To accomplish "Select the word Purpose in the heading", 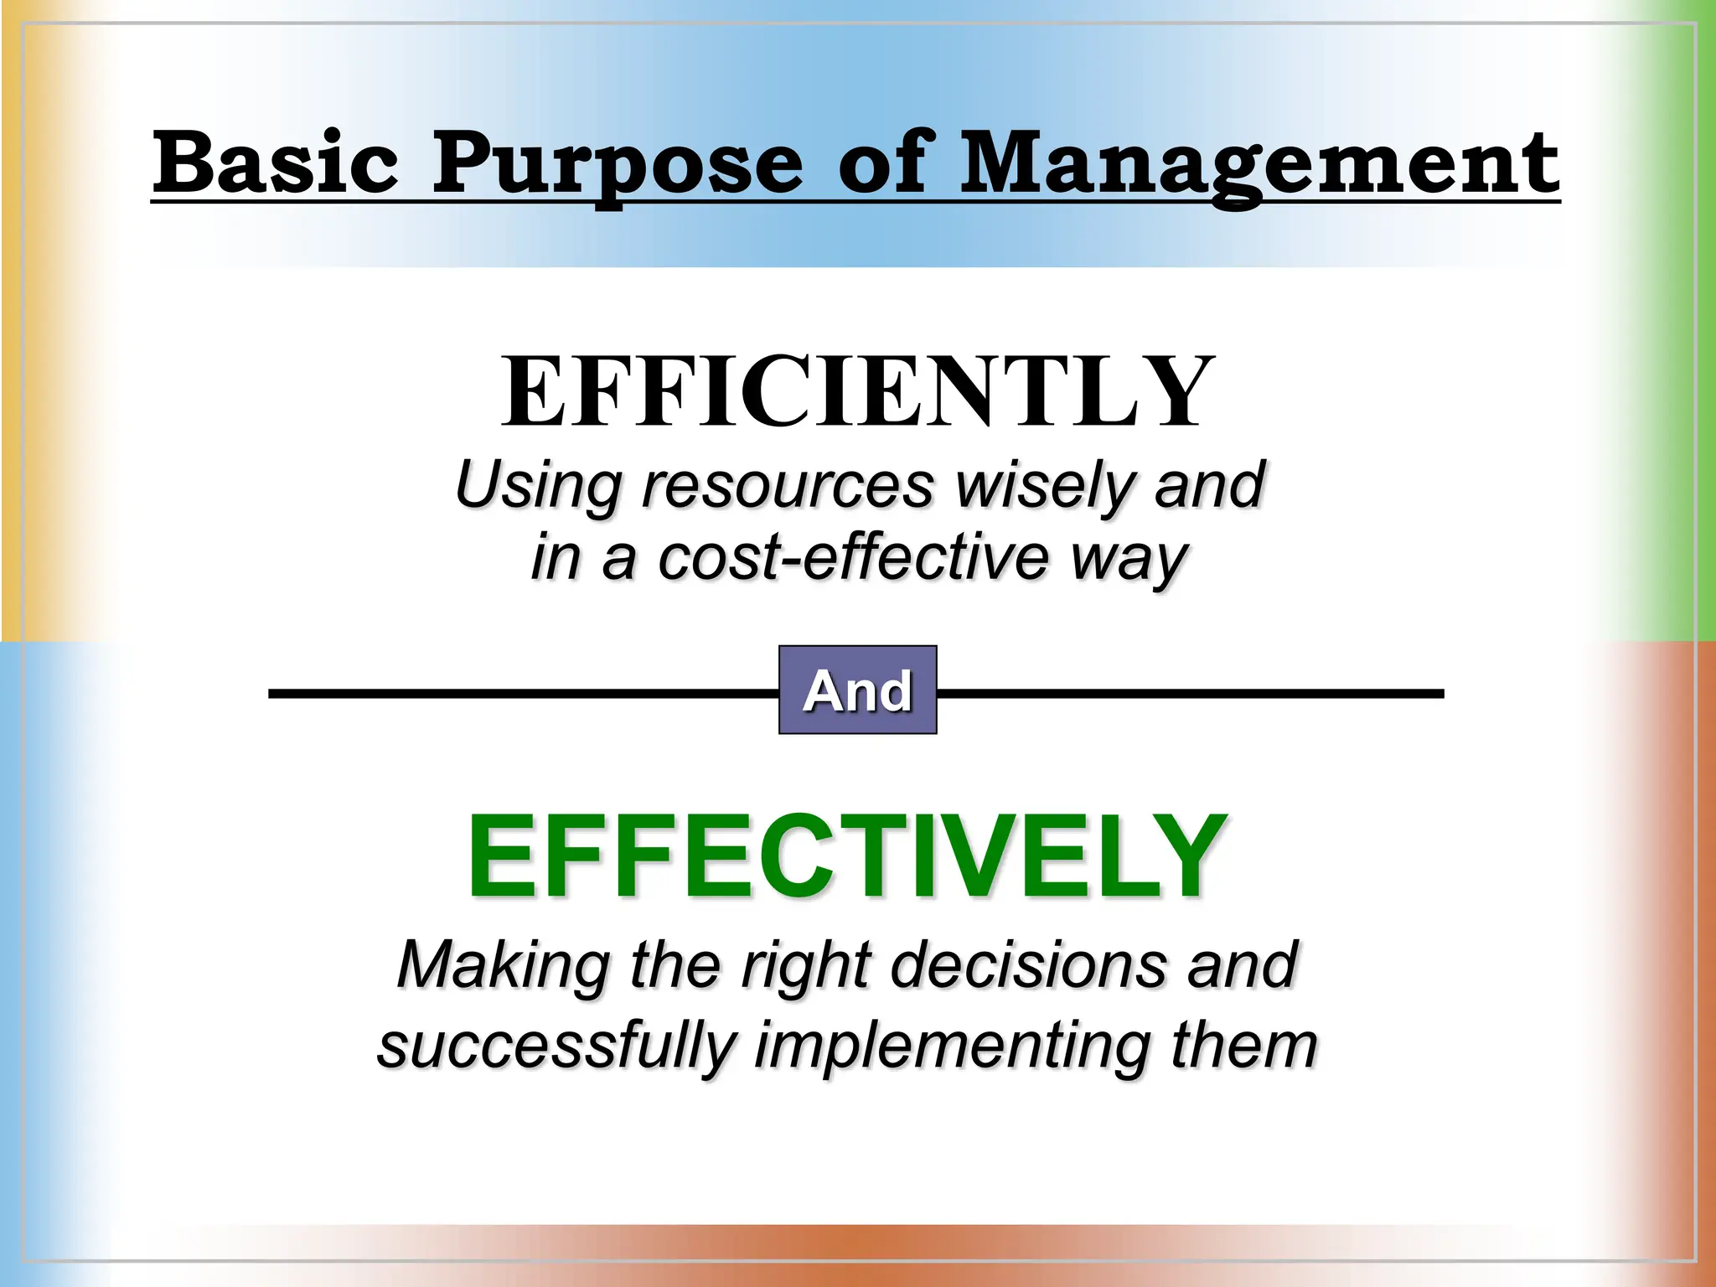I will pos(617,164).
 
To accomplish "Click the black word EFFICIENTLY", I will pos(858,392).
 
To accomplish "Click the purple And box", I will pos(857,690).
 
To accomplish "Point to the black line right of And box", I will pos(1190,694).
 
